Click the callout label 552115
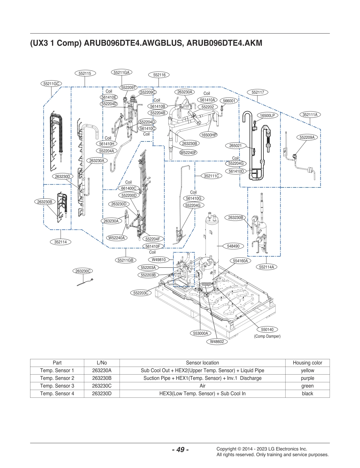(x=85, y=73)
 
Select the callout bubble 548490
(x=233, y=246)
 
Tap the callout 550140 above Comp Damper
(x=267, y=329)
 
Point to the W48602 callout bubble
(x=217, y=342)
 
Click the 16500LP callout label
(x=267, y=116)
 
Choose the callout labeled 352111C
(x=211, y=176)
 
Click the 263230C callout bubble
(x=83, y=271)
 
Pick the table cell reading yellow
(x=307, y=370)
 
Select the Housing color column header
(x=307, y=363)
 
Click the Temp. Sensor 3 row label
(x=57, y=386)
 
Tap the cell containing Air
(x=202, y=386)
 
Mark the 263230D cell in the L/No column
(x=102, y=393)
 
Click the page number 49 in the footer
(x=180, y=449)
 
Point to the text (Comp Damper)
(x=267, y=336)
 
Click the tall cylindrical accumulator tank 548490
(x=212, y=239)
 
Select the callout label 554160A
(x=240, y=261)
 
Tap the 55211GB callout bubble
(x=126, y=260)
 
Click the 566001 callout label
(x=229, y=101)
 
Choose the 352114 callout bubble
(x=60, y=242)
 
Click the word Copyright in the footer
(x=226, y=449)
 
